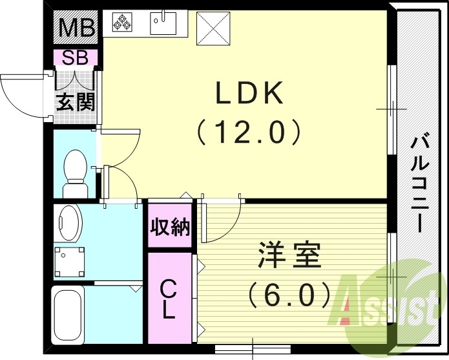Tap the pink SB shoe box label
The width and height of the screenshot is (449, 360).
point(76,57)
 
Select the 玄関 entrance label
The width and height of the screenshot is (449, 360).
point(75,101)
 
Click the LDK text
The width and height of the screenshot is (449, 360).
point(249,95)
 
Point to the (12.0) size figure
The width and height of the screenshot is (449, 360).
point(249,133)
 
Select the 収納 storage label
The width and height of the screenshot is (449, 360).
point(170,227)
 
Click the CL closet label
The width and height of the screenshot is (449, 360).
point(168,298)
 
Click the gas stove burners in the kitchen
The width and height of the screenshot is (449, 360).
point(121,24)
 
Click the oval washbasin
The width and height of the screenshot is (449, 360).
point(68,224)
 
